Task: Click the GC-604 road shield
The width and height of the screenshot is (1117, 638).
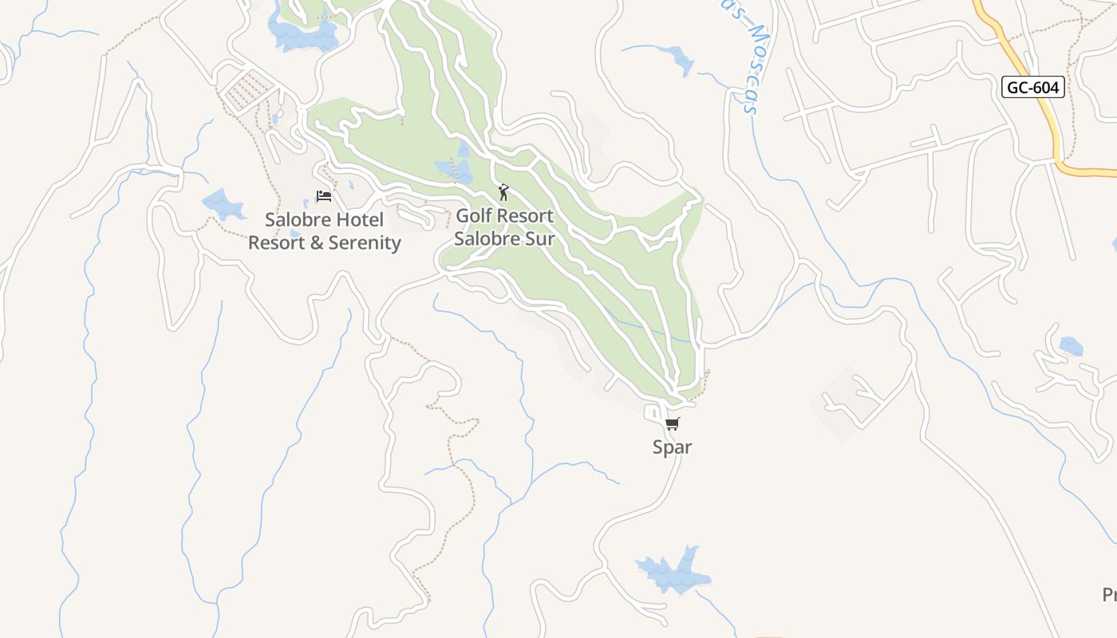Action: (1033, 87)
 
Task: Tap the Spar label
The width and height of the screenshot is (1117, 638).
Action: (672, 447)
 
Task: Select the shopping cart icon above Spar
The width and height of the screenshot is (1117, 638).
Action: (673, 423)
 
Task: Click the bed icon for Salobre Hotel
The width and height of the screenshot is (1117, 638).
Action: (324, 195)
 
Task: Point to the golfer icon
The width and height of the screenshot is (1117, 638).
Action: (503, 192)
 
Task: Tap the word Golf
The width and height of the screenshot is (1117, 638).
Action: (476, 216)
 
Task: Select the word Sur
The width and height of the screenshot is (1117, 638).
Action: (538, 238)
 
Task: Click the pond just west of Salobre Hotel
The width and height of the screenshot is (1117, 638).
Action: (224, 204)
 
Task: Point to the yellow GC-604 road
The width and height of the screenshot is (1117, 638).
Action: (1045, 120)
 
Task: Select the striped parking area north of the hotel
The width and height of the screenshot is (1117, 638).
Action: (247, 89)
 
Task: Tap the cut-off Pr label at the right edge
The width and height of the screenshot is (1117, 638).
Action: (1109, 594)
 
